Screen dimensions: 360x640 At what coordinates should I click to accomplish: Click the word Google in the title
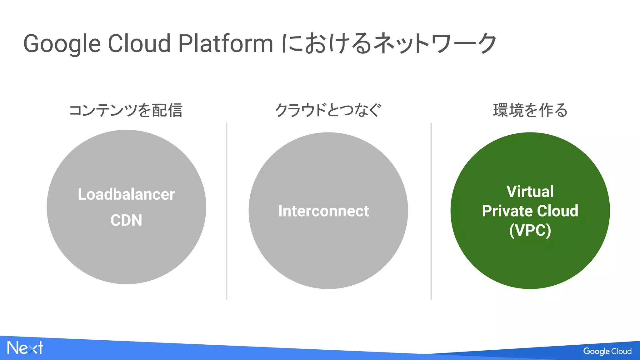(x=62, y=44)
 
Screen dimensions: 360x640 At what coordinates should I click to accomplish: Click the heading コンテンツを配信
(x=126, y=110)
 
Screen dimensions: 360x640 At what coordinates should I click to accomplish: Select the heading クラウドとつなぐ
(x=328, y=110)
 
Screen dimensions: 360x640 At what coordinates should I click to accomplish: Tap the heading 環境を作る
(x=530, y=110)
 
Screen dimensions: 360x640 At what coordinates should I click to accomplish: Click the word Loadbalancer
(x=126, y=194)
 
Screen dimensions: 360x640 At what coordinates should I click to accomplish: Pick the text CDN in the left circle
(x=126, y=220)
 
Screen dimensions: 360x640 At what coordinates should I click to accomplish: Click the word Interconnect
(x=323, y=211)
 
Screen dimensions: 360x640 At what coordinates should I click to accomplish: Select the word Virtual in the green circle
(x=530, y=192)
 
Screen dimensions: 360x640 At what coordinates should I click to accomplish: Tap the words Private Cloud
(x=530, y=211)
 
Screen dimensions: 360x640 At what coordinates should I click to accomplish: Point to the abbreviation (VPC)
(x=530, y=231)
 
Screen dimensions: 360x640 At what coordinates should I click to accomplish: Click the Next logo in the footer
(x=25, y=348)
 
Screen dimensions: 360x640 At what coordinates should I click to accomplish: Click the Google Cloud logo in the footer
(x=607, y=351)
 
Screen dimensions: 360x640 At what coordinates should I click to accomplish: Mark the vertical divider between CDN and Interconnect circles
(x=227, y=211)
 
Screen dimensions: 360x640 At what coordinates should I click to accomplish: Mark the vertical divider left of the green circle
(x=431, y=211)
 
